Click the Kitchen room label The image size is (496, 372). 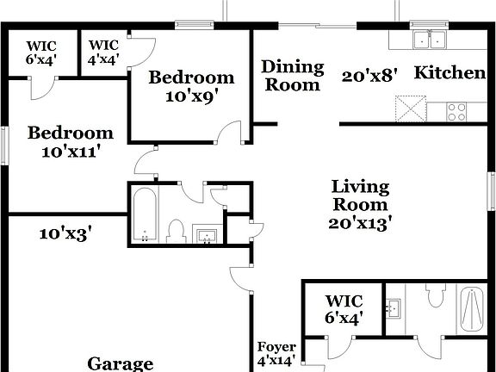449,73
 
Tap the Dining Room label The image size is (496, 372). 293,75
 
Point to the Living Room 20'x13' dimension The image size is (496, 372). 360,222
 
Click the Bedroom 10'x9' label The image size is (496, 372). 191,86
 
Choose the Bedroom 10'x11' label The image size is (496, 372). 71,142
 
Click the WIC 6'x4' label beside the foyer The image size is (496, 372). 344,309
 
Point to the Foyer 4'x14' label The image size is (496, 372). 276,354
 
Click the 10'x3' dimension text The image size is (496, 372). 65,232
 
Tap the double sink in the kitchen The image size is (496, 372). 428,40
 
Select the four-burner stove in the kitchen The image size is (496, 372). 456,111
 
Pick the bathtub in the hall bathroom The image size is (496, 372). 145,215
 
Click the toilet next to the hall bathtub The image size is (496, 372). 177,230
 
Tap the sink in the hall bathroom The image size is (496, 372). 206,234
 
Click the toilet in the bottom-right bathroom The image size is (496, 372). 435,295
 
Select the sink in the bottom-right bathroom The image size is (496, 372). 394,307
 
